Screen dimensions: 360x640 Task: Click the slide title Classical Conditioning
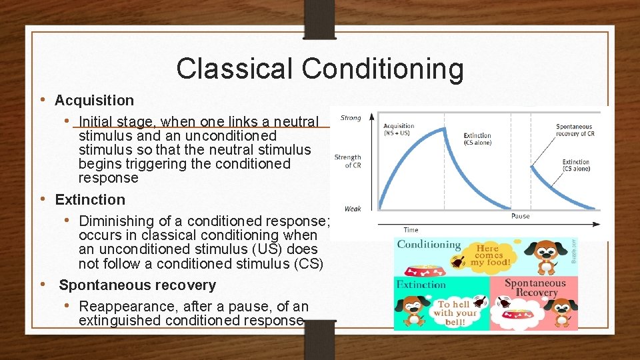click(320, 69)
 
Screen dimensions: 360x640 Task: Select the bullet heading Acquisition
click(94, 101)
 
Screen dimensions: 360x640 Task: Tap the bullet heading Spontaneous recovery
click(137, 285)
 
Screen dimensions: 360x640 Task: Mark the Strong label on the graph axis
click(351, 118)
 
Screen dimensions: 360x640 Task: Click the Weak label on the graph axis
click(353, 209)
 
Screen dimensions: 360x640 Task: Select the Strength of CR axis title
click(348, 161)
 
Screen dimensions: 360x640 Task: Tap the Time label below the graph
click(411, 230)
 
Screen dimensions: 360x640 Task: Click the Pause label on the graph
click(520, 216)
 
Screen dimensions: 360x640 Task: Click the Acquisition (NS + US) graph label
click(399, 129)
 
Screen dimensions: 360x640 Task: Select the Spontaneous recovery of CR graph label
click(575, 130)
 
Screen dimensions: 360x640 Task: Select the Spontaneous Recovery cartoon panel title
click(535, 288)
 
